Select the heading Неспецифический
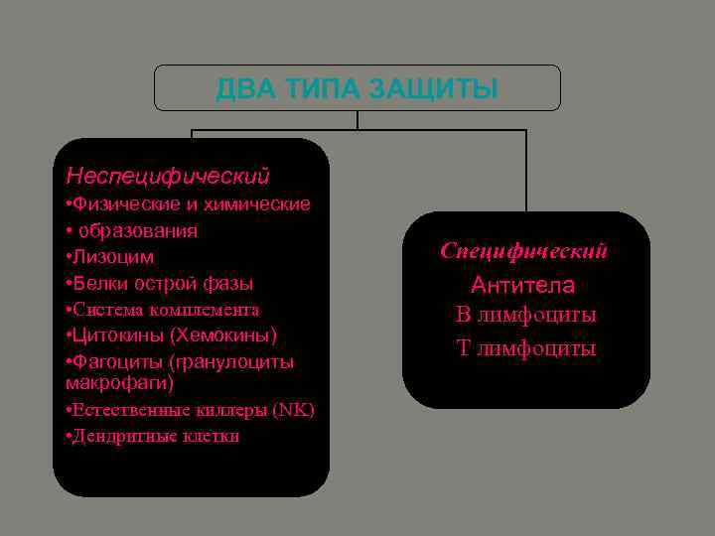(x=167, y=176)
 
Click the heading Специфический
(x=524, y=251)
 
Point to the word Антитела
(x=523, y=285)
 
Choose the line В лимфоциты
(x=525, y=316)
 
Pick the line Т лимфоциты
(x=525, y=348)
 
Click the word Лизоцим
(x=112, y=257)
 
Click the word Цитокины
(x=117, y=335)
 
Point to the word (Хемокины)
(x=223, y=335)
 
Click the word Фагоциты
(x=117, y=361)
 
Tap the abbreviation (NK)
(x=295, y=409)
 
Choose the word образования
(x=137, y=230)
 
